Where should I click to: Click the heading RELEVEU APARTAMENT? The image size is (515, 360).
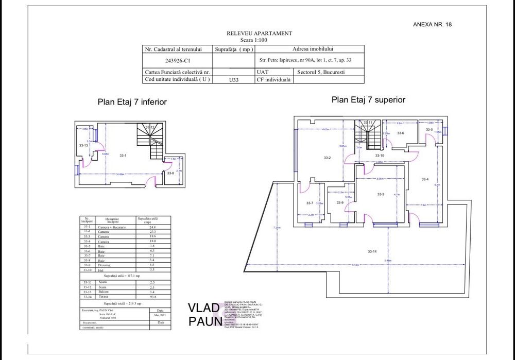point(259,33)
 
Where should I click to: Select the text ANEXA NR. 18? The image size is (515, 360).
point(433,24)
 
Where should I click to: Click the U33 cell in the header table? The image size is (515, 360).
point(234,80)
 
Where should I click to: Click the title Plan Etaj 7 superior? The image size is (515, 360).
point(368,99)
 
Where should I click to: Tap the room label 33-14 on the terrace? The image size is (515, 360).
point(372,251)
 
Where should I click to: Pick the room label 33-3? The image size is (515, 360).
point(381,194)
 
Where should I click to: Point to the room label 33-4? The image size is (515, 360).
point(425,179)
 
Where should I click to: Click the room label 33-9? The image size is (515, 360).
point(340,203)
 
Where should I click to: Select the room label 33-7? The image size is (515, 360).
point(310,203)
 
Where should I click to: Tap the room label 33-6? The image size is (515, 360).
point(400,133)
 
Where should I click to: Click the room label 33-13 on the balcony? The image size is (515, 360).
point(83,146)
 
